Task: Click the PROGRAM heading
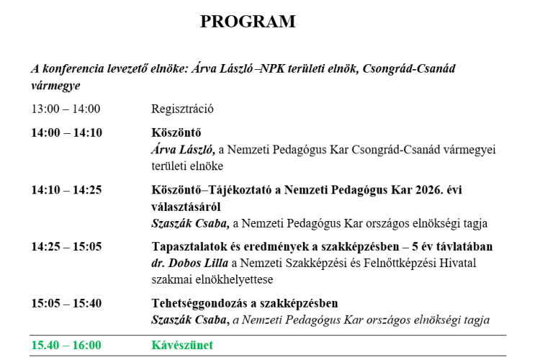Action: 248,22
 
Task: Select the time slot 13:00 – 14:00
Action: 66,109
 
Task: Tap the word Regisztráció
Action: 183,109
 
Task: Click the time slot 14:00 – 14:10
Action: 66,132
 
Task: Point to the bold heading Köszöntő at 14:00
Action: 176,132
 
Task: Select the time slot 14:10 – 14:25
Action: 66,190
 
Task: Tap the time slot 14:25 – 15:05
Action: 66,246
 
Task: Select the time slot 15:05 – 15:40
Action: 66,303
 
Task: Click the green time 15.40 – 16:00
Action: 66,345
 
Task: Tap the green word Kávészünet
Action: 182,345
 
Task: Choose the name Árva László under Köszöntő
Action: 183,150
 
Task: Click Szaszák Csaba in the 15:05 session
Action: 190,320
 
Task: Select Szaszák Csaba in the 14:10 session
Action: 190,223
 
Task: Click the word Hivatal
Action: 457,263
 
